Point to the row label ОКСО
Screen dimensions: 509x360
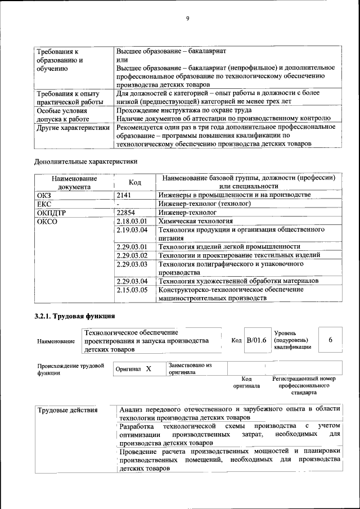pos(47,222)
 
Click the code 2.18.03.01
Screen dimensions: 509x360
pos(131,222)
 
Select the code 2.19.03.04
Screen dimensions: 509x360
pos(131,231)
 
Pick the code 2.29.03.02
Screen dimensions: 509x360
pos(131,255)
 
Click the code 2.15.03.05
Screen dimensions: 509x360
pos(131,290)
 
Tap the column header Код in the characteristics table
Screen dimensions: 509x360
pos(135,182)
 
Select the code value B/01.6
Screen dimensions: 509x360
pos(256,340)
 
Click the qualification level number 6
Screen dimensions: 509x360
pos(331,340)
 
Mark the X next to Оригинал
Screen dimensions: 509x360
pos(148,369)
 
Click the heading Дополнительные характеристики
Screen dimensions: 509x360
pos(85,161)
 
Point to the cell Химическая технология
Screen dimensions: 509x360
pos(195,222)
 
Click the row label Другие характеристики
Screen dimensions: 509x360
pos(73,127)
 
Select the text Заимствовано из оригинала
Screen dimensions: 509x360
pos(190,368)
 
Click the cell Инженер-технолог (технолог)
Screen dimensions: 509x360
pos(204,204)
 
